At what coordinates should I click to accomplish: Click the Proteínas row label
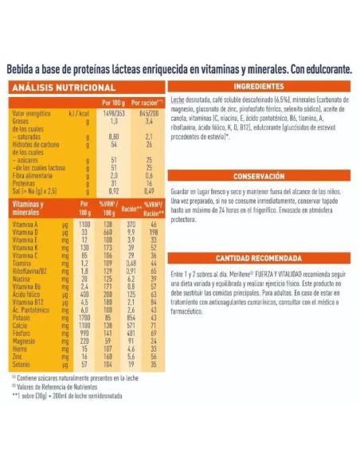click(25, 183)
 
